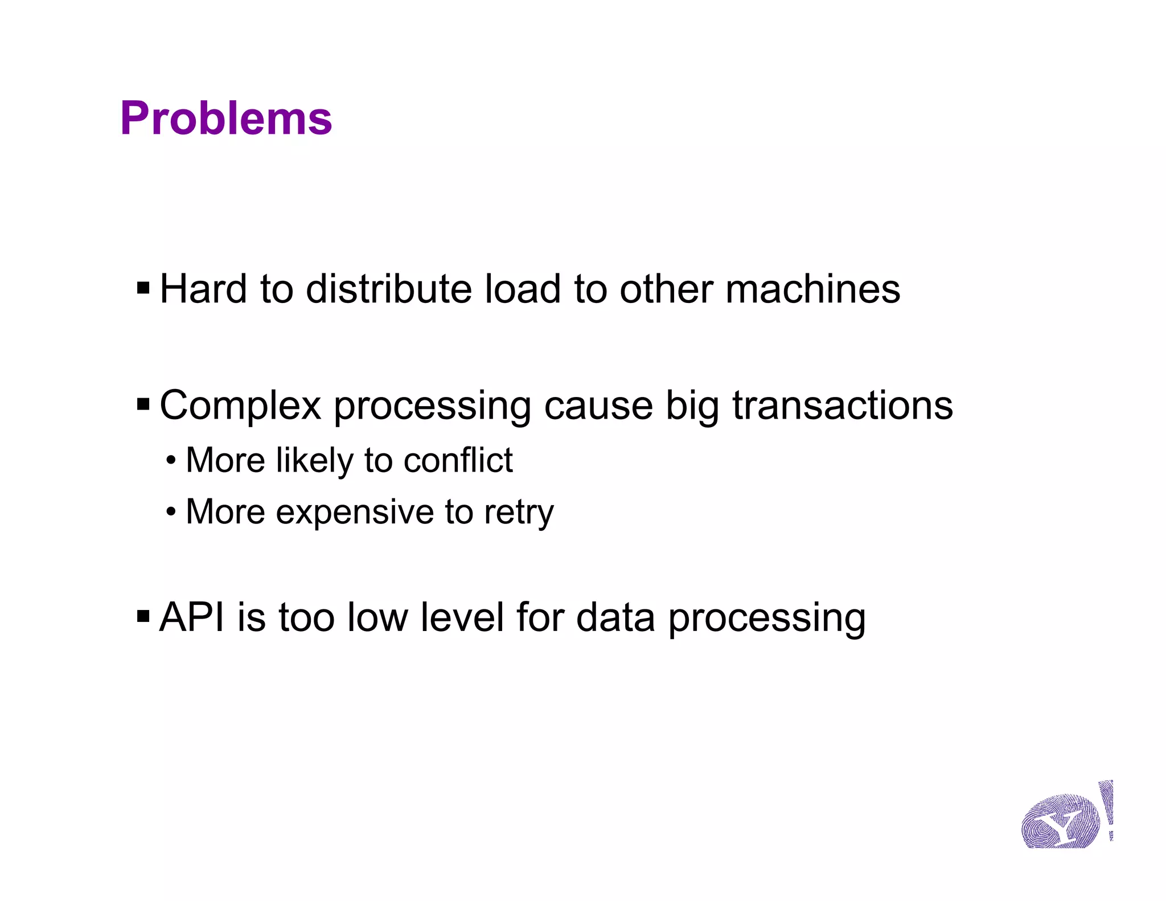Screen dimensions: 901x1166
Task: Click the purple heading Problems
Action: [225, 118]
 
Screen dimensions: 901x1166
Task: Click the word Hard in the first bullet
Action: [203, 289]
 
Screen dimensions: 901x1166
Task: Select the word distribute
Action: [389, 289]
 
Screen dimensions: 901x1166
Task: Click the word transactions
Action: [842, 406]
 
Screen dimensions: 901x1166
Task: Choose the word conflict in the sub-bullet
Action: [458, 460]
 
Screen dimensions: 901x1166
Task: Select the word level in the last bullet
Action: [462, 617]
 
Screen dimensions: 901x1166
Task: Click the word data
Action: [615, 617]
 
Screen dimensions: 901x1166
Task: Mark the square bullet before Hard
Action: [143, 288]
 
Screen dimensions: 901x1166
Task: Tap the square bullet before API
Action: [143, 616]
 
